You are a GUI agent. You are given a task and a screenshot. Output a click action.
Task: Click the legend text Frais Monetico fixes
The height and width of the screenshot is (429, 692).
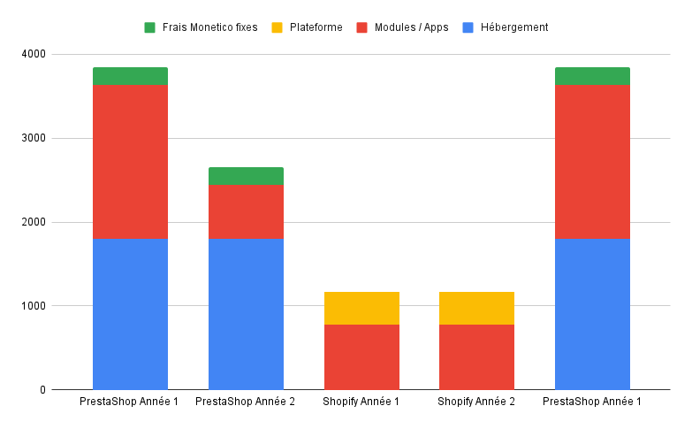(209, 27)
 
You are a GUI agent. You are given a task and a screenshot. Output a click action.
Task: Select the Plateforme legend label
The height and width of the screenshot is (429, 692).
(316, 27)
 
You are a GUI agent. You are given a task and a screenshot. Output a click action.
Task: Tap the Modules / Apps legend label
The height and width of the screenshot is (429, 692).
(411, 27)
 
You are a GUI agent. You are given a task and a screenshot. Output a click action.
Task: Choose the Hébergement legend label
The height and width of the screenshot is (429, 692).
(514, 27)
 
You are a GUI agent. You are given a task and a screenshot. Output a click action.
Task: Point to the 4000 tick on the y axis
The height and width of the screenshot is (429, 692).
(34, 55)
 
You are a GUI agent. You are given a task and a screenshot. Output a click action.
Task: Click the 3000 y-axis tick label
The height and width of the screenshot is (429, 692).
(34, 139)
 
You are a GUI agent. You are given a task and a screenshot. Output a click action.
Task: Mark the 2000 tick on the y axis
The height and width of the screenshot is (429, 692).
(34, 223)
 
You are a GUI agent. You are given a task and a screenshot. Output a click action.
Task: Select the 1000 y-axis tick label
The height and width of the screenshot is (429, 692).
(34, 306)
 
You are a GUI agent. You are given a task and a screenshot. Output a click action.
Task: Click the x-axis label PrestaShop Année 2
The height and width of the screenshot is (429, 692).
(246, 402)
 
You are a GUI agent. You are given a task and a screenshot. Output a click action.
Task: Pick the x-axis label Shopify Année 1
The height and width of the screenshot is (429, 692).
(361, 402)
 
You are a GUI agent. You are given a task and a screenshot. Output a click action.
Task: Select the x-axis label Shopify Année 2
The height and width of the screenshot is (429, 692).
(477, 402)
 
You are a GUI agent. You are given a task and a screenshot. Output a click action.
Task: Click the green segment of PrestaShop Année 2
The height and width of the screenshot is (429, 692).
(246, 176)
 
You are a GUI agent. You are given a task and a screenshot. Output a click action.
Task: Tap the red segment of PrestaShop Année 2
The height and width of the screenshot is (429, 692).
(246, 211)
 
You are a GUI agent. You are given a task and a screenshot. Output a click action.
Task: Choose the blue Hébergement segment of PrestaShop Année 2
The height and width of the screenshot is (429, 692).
(246, 314)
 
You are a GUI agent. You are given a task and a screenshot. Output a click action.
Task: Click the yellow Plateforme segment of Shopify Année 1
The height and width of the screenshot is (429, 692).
(361, 308)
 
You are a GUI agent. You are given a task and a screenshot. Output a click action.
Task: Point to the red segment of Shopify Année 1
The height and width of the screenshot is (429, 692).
(361, 357)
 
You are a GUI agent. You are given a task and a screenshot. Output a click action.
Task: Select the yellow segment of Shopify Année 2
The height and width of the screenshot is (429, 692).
(477, 308)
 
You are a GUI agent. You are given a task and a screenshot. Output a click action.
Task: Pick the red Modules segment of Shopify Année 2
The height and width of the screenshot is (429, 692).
(477, 357)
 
